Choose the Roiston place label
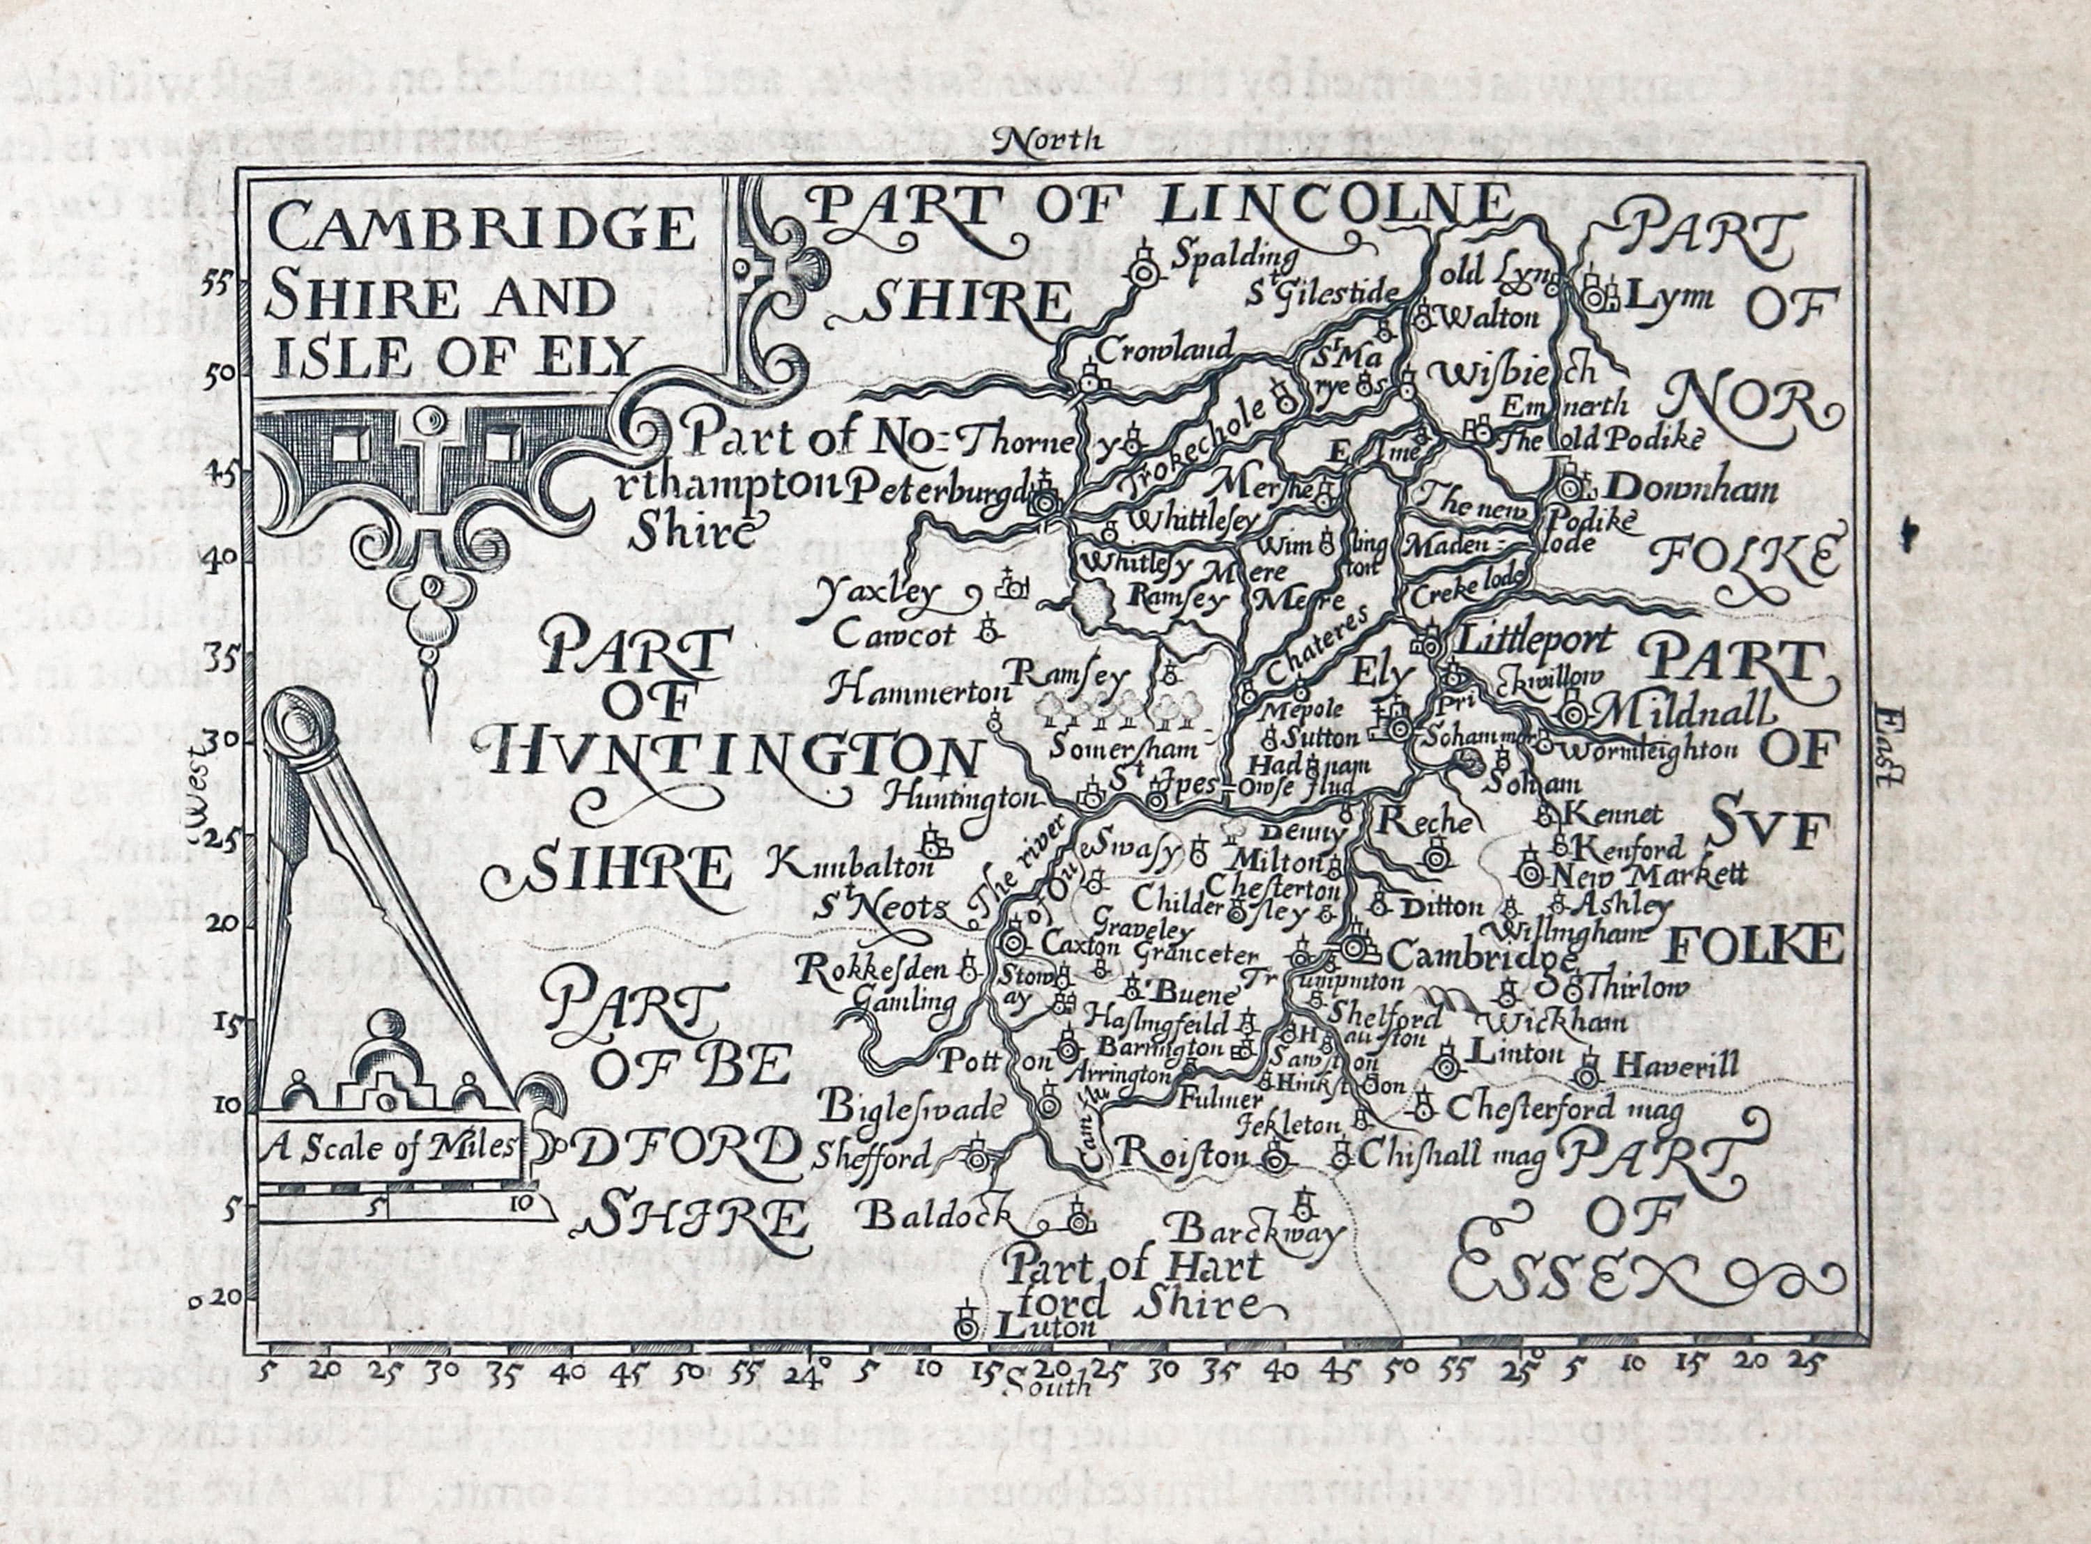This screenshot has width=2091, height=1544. [x=1182, y=1155]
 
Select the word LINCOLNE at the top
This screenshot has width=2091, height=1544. [x=1332, y=203]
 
